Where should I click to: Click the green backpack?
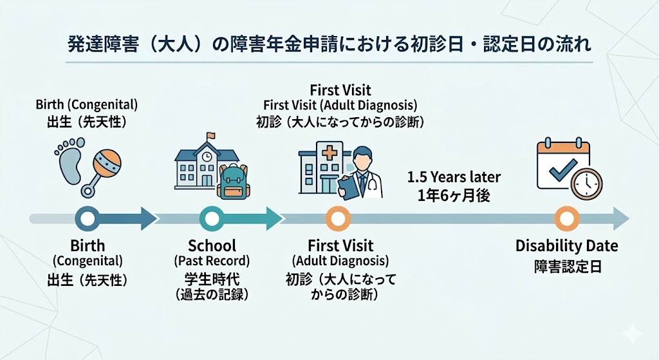[234, 180]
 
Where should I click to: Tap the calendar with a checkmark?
[562, 164]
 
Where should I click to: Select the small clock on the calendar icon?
[587, 185]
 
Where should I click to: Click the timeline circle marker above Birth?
[88, 219]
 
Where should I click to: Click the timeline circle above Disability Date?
[566, 219]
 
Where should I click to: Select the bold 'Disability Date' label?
[566, 246]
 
